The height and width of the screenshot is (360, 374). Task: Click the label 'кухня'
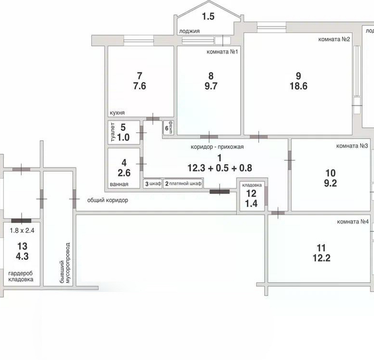117,113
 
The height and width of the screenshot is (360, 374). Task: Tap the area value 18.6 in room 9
298,86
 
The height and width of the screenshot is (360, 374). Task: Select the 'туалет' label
113,132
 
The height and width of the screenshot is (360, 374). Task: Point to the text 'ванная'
119,184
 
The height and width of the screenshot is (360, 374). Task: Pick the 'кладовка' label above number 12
252,185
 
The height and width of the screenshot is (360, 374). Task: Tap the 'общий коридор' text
107,200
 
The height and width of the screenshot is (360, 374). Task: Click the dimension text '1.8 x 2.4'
22,230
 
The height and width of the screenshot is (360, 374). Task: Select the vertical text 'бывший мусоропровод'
65,263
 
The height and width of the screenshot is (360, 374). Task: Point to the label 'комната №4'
353,222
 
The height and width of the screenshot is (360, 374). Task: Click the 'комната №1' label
222,52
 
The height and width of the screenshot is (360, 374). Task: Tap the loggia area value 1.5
208,16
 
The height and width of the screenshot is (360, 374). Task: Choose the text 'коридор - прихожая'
217,147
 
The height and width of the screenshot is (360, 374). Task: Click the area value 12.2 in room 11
321,258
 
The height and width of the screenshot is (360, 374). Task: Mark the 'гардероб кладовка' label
21,276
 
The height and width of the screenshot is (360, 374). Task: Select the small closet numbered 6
169,128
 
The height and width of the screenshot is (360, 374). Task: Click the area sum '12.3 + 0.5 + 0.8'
220,168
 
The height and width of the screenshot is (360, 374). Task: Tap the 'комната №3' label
352,146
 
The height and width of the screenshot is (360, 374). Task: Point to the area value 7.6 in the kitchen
140,86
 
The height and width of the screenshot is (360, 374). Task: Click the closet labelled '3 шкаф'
153,183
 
